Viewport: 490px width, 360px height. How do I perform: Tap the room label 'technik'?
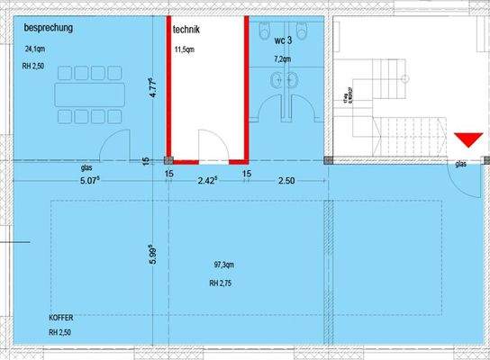tap(186, 30)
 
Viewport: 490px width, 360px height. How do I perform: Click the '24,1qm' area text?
tap(34, 49)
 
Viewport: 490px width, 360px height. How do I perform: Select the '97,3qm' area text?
tap(224, 265)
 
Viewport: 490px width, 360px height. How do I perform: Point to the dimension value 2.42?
tap(209, 180)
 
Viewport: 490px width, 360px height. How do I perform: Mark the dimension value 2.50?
tap(286, 180)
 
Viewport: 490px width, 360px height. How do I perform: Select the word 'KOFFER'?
tap(62, 319)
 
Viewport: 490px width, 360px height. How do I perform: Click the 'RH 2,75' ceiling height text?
tap(221, 283)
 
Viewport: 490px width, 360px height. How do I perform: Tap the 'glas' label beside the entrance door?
tap(461, 164)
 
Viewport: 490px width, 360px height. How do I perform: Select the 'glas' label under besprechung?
tap(86, 167)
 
